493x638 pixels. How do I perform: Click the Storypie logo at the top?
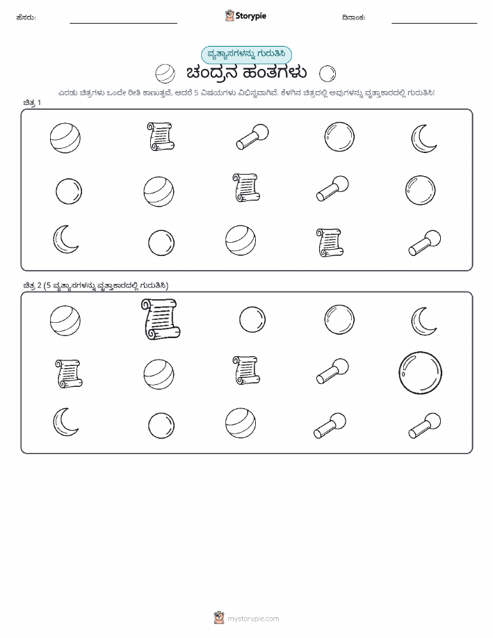[x=245, y=16]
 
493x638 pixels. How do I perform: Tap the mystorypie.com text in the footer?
[x=253, y=619]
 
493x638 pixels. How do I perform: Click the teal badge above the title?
[x=246, y=54]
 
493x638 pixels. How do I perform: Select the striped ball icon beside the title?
[x=165, y=74]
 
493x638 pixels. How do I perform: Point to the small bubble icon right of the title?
[x=328, y=74]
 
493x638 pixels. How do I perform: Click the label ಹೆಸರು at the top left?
[x=26, y=17]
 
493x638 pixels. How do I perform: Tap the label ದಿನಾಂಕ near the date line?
[x=353, y=17]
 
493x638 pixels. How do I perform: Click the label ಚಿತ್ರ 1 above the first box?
[x=32, y=102]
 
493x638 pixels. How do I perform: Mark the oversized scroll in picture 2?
[x=161, y=319]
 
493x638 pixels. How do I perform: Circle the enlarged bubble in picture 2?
[x=420, y=373]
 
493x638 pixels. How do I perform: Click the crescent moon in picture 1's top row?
[x=422, y=138]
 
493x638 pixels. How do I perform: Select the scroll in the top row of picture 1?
[x=161, y=136]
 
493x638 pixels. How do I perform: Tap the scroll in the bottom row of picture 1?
[x=330, y=243]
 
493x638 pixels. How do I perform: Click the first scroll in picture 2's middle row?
[x=69, y=373]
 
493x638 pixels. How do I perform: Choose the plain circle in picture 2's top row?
[x=252, y=319]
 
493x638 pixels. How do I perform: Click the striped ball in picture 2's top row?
[x=65, y=321]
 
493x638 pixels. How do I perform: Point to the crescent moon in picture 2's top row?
[x=422, y=321]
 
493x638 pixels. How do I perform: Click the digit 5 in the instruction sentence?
[x=196, y=93]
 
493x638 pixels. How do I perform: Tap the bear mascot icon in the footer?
[x=219, y=618]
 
